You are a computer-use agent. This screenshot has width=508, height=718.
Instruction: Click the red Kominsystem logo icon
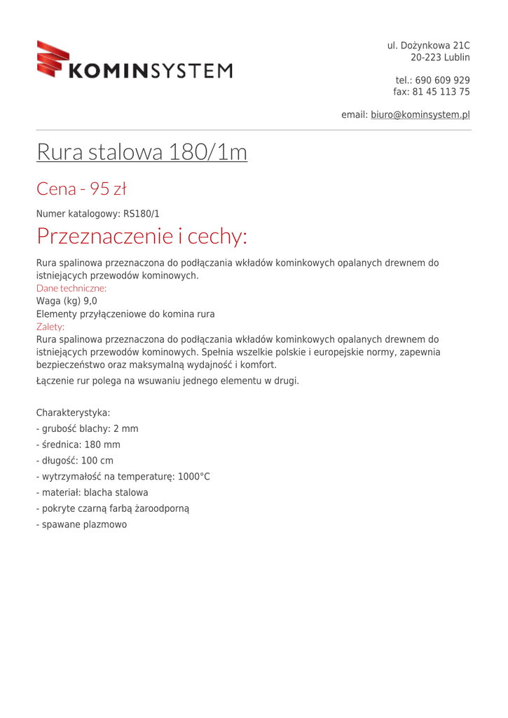tap(54, 58)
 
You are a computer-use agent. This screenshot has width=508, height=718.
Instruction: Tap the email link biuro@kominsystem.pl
tap(420, 114)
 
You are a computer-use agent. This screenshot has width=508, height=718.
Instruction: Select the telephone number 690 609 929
tap(443, 80)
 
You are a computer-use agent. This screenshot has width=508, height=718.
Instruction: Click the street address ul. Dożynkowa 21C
tap(428, 46)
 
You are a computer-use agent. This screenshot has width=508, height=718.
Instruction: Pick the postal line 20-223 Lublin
tap(439, 57)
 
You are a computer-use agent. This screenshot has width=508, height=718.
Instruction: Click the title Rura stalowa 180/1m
tap(142, 151)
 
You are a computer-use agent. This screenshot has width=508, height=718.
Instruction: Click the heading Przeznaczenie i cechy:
tap(142, 236)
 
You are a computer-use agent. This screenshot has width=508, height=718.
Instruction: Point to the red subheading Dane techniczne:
tap(71, 288)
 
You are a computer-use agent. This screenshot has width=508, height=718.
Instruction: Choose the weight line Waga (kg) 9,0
tap(67, 301)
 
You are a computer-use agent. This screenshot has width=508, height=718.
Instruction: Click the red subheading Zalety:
tap(50, 327)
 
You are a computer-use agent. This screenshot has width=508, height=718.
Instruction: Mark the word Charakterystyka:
tap(73, 413)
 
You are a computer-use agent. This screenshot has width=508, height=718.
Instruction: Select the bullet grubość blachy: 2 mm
tap(88, 428)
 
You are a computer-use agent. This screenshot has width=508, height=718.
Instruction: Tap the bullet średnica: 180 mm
tap(78, 445)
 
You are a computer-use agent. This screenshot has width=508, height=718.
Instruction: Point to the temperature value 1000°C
tap(194, 477)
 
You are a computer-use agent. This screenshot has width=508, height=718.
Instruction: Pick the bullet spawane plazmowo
tap(82, 524)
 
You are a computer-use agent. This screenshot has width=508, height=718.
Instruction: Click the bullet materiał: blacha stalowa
tap(92, 493)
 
